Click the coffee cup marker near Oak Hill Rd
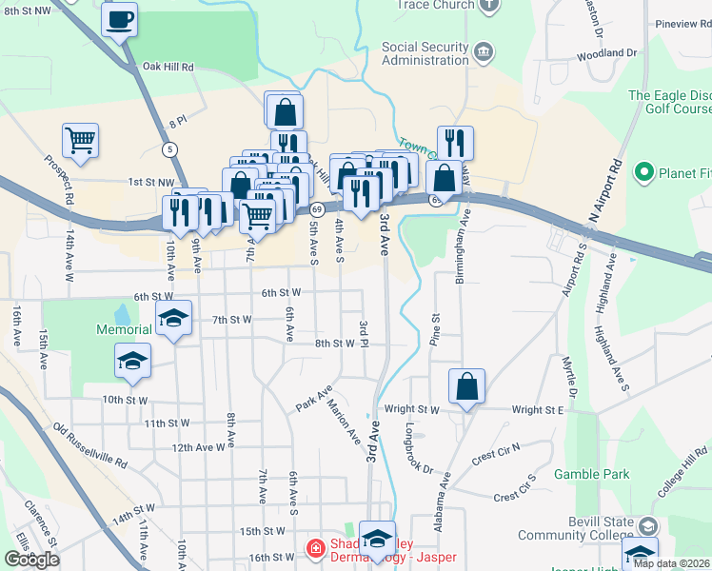pos(120,19)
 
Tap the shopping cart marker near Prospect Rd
pos(81,141)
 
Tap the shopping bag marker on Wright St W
pos(466,387)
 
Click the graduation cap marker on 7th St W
pos(173,319)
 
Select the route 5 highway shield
pos(169,148)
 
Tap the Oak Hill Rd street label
pos(168,68)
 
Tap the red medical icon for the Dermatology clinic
pos(314,546)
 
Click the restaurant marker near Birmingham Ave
pos(455,143)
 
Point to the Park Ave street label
pos(313,398)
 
